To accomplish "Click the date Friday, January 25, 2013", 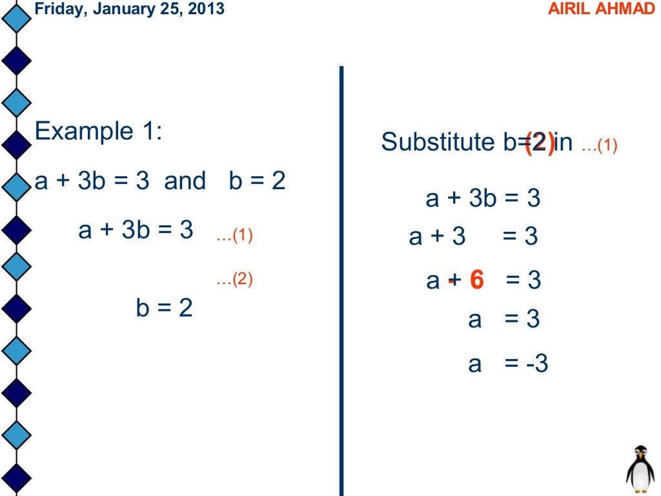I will [x=129, y=10].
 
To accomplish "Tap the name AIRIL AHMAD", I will [x=601, y=10].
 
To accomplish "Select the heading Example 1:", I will [x=99, y=132].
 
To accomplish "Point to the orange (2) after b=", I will [x=539, y=143].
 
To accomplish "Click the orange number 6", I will [x=476, y=280].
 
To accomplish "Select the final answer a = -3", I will [x=508, y=364].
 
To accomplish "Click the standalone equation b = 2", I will [x=164, y=308].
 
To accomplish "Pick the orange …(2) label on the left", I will [x=234, y=280].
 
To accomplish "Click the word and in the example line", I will [x=185, y=181].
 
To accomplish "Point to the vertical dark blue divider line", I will [x=341, y=278].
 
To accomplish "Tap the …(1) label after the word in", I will [x=599, y=146].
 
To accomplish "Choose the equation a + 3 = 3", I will [x=473, y=237].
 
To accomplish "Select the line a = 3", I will [x=503, y=319].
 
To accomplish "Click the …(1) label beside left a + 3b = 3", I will [x=234, y=236].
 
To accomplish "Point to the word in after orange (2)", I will [x=564, y=142].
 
